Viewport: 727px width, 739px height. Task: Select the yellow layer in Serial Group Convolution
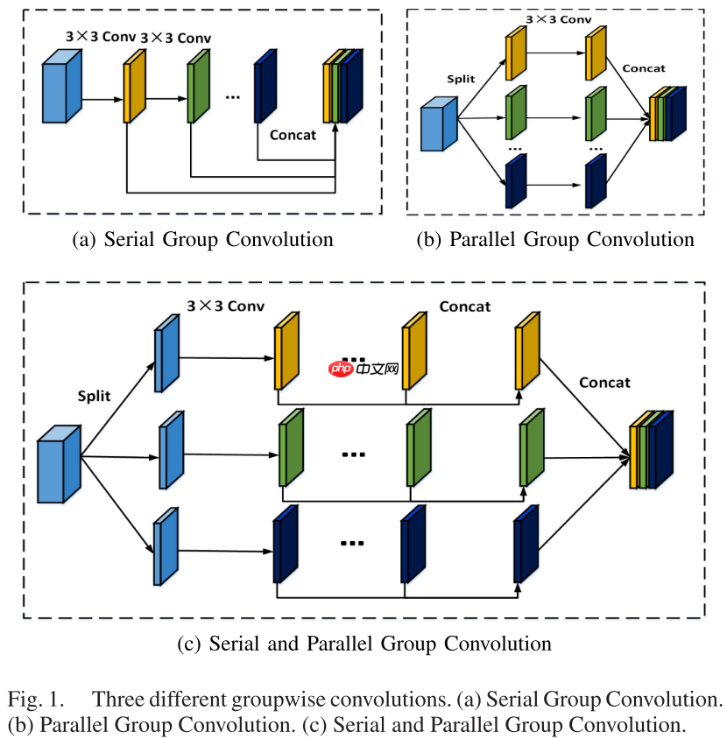(134, 90)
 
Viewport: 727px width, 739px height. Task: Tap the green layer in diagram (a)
(197, 90)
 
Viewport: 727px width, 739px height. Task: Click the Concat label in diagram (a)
(293, 135)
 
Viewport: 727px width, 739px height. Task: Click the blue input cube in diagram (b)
(439, 126)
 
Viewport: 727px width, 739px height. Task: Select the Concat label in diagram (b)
(644, 67)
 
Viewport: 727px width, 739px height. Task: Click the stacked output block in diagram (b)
(667, 114)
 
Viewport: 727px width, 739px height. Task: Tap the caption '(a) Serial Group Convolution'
(202, 239)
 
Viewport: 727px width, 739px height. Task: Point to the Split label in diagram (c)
(95, 395)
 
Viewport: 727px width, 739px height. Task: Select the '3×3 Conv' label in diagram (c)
(226, 306)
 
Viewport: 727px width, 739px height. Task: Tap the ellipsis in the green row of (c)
(353, 454)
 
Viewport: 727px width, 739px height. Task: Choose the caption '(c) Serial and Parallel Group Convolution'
(364, 644)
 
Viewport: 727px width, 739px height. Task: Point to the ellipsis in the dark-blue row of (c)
(351, 543)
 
